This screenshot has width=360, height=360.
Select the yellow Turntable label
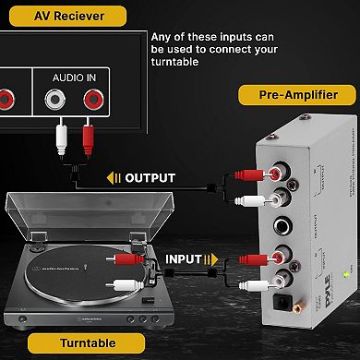coord(86,343)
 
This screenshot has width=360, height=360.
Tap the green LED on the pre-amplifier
coord(344,274)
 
